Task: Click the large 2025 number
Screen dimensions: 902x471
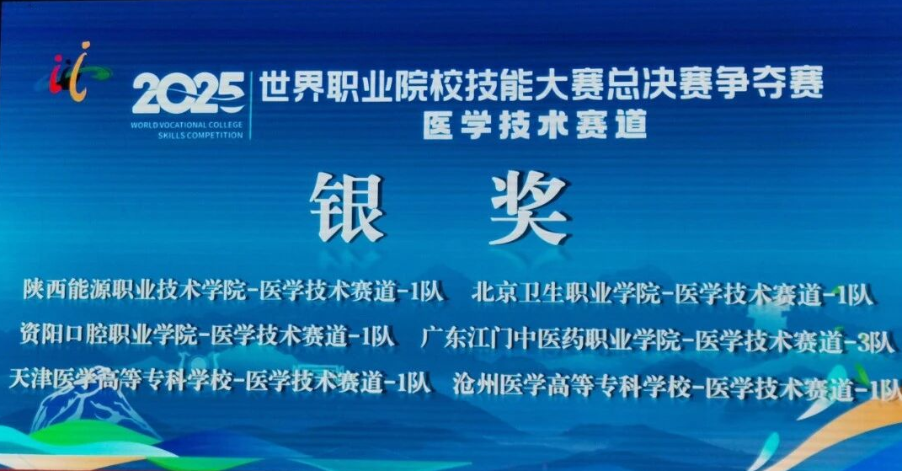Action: pyautogui.click(x=188, y=94)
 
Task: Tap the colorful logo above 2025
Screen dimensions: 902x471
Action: pyautogui.click(x=75, y=72)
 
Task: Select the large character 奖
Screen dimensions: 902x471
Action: pyautogui.click(x=529, y=207)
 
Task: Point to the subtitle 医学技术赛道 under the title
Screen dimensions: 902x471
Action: pyautogui.click(x=536, y=125)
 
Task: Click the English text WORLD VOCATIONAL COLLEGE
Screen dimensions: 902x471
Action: pyautogui.click(x=187, y=125)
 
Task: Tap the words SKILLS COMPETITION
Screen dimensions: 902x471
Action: pyautogui.click(x=200, y=136)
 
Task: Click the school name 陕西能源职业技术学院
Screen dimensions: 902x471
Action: pyautogui.click(x=134, y=291)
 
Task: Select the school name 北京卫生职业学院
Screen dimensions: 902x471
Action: pyautogui.click(x=566, y=293)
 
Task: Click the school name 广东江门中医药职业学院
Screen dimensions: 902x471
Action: pyautogui.click(x=551, y=339)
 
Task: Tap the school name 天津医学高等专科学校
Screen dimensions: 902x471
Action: pyautogui.click(x=120, y=381)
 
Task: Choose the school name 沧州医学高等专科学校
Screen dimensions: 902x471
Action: pyautogui.click(x=572, y=386)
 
